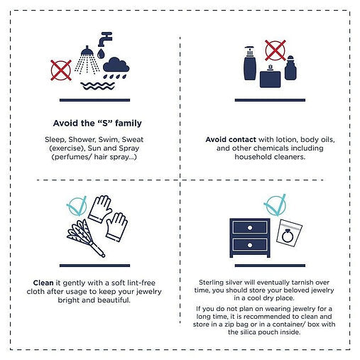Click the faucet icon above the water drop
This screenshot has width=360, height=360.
pos(104,39)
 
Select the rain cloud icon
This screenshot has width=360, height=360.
pos(116,67)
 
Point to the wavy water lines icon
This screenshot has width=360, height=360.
pos(97,86)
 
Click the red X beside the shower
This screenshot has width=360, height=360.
pos(61,70)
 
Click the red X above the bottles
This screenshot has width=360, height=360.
pos(276,50)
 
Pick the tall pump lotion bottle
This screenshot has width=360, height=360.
pos(250,62)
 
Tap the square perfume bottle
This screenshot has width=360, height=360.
pos(270,77)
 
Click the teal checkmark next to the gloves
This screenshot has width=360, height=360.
pos(77,206)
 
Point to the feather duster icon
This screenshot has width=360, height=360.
pos(85,237)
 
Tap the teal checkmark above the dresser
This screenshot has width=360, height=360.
pos(275,205)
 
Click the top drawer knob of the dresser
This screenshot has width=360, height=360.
pos(250,228)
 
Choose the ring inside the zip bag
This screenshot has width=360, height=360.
pos(288,236)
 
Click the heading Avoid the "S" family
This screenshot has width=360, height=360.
pos(97,123)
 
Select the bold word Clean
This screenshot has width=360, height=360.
pos(43,283)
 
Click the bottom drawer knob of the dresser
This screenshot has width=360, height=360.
pos(250,245)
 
